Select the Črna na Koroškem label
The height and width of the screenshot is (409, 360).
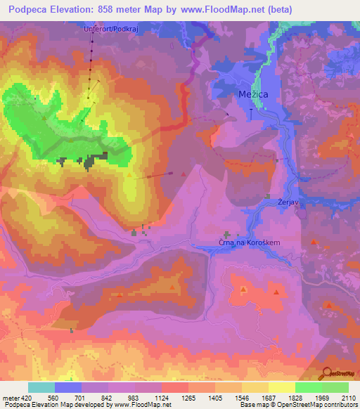tap(248, 243)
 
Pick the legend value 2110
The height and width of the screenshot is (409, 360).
tap(347, 398)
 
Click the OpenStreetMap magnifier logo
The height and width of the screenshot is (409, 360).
tap(327, 374)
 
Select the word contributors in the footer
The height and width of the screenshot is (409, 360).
tap(338, 405)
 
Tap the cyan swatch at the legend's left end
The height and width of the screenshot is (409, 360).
tap(41, 387)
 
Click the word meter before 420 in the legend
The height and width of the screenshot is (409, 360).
tap(11, 398)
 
